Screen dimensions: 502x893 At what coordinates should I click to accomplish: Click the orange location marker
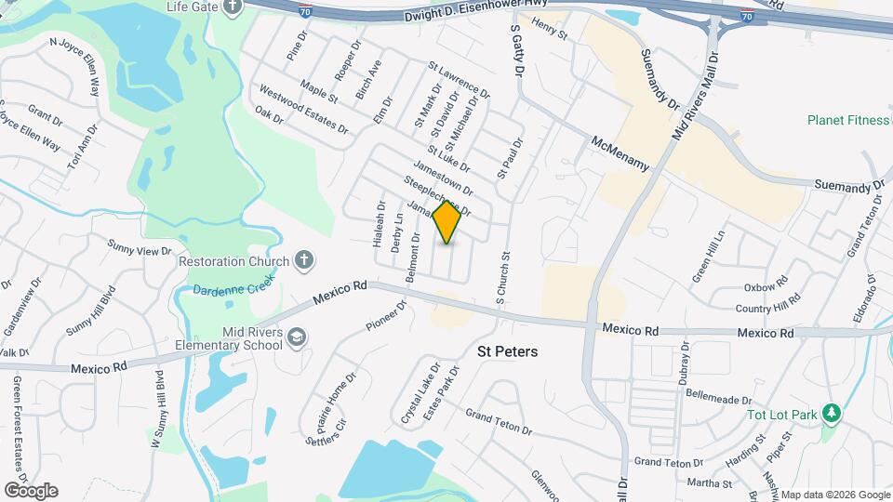(447, 221)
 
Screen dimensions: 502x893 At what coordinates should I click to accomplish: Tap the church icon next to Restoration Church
(303, 261)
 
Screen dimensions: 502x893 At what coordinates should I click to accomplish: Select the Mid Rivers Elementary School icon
(297, 337)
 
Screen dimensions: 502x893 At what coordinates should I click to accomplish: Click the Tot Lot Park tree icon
(831, 413)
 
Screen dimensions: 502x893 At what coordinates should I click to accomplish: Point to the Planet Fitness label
(847, 120)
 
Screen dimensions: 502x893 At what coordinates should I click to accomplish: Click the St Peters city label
(507, 352)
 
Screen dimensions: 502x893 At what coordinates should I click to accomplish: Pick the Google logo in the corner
(31, 490)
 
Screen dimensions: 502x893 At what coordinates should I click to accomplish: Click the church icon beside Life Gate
(232, 7)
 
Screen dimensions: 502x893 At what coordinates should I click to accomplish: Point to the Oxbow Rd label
(766, 287)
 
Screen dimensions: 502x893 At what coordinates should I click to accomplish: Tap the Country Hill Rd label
(767, 307)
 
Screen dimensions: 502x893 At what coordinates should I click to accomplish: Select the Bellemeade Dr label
(717, 399)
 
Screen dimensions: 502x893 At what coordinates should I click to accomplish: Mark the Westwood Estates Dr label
(303, 109)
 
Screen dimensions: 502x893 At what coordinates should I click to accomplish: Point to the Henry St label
(550, 32)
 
